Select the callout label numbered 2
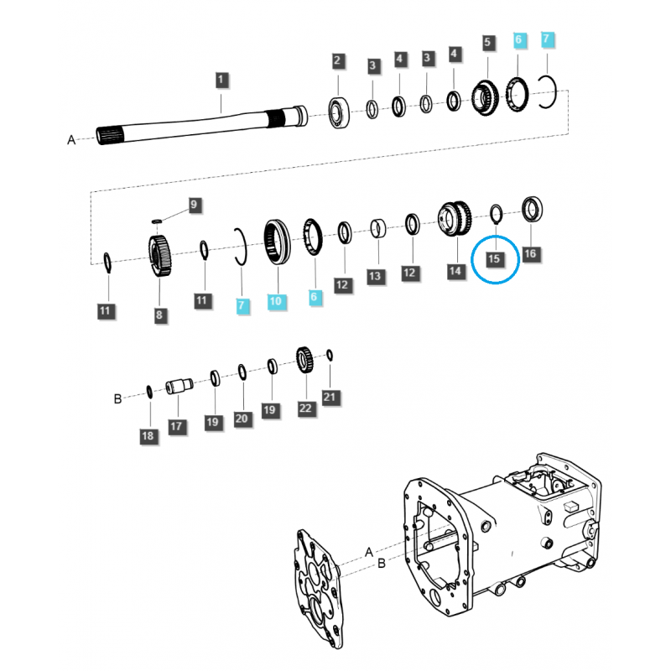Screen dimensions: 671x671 pyautogui.click(x=337, y=60)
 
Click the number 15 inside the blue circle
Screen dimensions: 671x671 pyautogui.click(x=494, y=258)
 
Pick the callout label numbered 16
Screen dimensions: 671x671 pyautogui.click(x=528, y=252)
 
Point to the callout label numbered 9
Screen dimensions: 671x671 pyautogui.click(x=193, y=204)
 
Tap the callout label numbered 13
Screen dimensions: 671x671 pyautogui.click(x=374, y=275)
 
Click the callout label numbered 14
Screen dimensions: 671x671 pyautogui.click(x=455, y=271)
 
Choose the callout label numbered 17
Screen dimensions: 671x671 pyautogui.click(x=175, y=426)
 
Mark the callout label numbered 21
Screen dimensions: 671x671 pyautogui.click(x=329, y=395)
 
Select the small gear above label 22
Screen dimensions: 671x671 pyautogui.click(x=304, y=362)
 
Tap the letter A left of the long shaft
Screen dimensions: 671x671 pyautogui.click(x=71, y=140)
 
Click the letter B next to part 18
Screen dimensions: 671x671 pyautogui.click(x=118, y=398)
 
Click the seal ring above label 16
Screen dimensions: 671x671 pyautogui.click(x=532, y=209)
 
